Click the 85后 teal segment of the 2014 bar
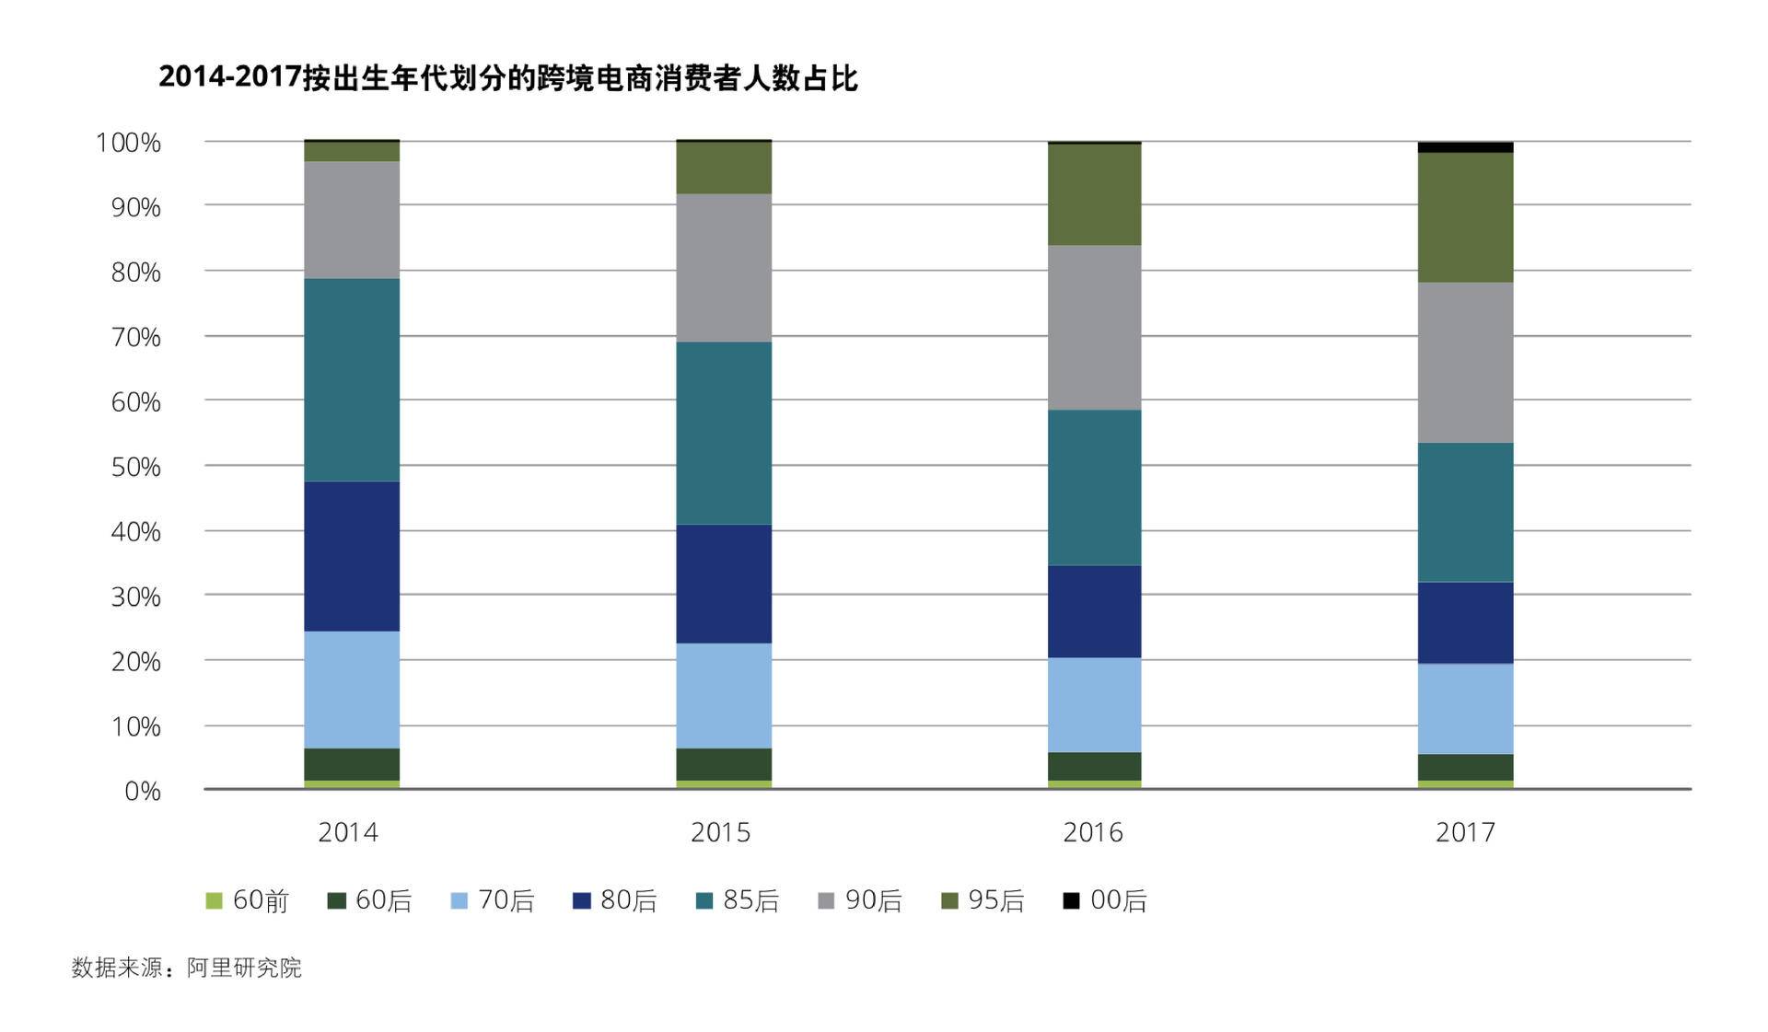click(352, 379)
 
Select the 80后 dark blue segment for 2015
click(724, 583)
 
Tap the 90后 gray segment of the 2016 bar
click(1094, 327)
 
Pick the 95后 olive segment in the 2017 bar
click(1465, 217)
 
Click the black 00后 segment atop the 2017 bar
click(1465, 147)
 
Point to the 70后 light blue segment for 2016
click(1094, 704)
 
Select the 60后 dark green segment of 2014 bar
click(352, 764)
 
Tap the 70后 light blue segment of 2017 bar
click(1465, 709)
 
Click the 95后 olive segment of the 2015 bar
click(724, 168)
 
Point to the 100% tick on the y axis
click(128, 143)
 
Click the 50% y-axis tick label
click(135, 467)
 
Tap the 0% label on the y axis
click(143, 791)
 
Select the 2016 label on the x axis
click(1092, 832)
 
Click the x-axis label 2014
click(348, 832)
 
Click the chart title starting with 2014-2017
click(507, 78)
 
